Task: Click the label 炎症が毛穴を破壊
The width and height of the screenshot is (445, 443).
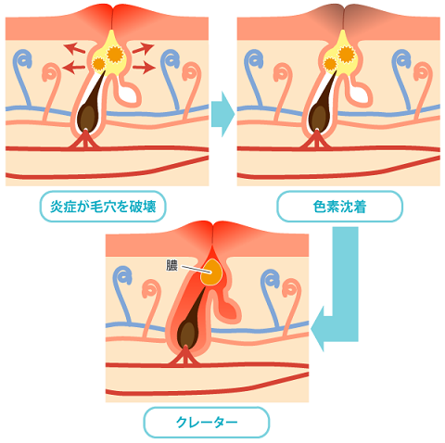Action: tap(103, 207)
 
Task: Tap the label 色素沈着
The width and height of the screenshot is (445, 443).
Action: tap(339, 207)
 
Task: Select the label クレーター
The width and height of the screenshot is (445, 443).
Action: tap(207, 422)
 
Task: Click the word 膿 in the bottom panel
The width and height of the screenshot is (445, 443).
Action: tap(172, 265)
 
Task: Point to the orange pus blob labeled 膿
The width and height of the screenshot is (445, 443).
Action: tap(211, 272)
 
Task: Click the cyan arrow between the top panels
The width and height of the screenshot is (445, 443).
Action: tap(222, 114)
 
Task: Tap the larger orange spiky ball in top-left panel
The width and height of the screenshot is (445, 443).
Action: tap(115, 55)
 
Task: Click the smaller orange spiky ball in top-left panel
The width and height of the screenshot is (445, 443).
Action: tap(99, 64)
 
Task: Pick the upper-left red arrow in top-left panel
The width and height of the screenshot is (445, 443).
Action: tap(74, 48)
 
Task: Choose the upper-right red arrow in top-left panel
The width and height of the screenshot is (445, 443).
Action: tap(144, 48)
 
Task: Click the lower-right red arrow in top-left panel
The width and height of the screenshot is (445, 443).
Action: tap(144, 67)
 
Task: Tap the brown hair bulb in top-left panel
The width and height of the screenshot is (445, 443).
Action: tap(87, 117)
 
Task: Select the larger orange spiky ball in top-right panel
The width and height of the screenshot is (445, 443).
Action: tap(347, 54)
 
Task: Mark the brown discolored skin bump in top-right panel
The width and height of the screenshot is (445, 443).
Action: tap(344, 15)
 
